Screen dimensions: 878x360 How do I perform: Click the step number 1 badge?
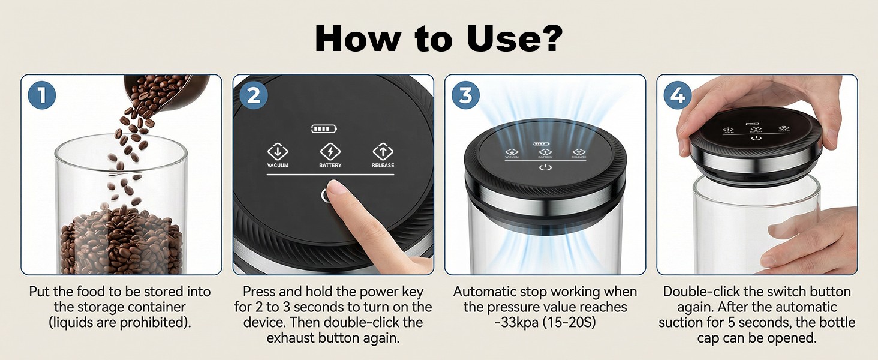coord(42,95)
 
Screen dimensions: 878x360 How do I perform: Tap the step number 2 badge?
coord(254,95)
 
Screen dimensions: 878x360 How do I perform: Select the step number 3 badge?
coord(465,95)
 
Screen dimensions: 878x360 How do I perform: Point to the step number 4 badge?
coord(678,95)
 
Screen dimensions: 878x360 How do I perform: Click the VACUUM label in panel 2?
coord(278,166)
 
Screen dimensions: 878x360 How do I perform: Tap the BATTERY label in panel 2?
coord(330,166)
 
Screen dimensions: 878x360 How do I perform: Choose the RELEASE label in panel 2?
coord(383,166)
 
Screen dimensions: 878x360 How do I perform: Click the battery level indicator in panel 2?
coord(324,128)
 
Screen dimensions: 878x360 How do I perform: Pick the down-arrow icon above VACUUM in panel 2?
coord(278,151)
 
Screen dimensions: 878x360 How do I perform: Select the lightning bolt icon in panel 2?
coord(330,151)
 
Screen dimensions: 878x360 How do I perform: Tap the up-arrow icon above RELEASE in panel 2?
coord(383,151)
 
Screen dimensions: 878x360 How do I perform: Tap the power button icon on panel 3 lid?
coord(545,168)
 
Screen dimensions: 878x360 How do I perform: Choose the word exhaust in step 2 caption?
coord(291,338)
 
